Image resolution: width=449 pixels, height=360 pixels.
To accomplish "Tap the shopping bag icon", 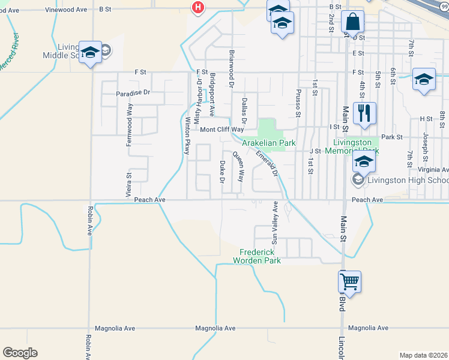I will click(x=352, y=23).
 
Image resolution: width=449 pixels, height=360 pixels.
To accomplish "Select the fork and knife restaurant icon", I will click(x=364, y=114).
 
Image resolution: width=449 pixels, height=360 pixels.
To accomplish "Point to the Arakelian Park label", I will click(x=269, y=143).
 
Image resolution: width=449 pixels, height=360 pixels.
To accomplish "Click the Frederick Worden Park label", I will click(x=260, y=256).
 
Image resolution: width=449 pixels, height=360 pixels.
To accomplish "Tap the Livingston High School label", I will click(x=408, y=181).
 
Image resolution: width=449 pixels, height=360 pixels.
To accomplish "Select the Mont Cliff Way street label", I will click(x=221, y=130).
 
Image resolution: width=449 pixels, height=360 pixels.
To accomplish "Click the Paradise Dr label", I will click(x=133, y=93).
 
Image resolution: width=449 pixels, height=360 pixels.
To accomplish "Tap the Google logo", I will click(x=20, y=353).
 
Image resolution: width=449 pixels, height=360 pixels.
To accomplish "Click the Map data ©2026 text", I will click(x=423, y=355).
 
